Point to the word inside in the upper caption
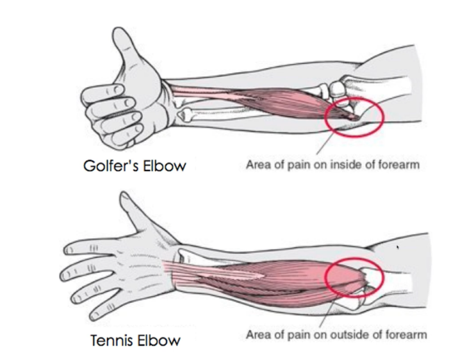338,165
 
